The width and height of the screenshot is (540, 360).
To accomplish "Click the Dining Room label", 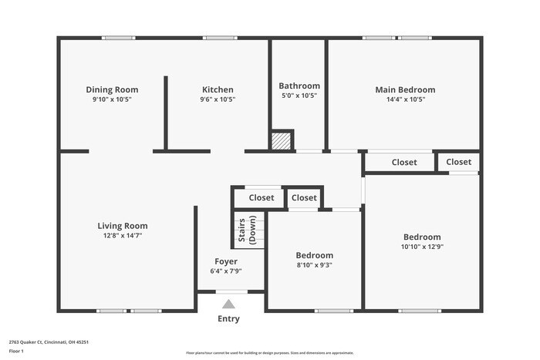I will pos(112,89).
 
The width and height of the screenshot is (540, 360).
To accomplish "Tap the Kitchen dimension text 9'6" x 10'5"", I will pos(218,99).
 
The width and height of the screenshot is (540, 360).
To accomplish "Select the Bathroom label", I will pos(299,86).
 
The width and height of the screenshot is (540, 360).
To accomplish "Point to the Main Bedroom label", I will pos(405,89).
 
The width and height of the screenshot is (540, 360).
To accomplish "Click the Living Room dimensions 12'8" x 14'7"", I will pos(120,235).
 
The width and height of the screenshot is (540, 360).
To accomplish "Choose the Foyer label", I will pos(226,261).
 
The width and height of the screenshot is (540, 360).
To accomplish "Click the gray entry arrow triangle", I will pos(228,304).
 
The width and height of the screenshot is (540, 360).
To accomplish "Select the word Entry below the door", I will pos(228,318).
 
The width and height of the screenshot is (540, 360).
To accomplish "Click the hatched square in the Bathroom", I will pos(282,141).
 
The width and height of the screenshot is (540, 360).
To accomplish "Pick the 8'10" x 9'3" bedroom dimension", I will pos(314,265).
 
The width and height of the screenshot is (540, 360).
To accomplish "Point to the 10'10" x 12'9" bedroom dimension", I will pos(422,247).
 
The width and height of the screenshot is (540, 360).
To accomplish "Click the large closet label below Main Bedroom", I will pos(404,163).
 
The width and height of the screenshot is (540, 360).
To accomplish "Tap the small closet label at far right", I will pos(458,162).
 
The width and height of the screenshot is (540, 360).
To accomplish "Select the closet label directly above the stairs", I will pos(262,198).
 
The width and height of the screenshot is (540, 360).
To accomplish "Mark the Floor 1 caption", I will pos(16,351).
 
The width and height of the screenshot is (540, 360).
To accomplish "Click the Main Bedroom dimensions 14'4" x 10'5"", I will pos(405,99).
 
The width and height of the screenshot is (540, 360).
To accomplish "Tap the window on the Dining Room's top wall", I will pos(119,38).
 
